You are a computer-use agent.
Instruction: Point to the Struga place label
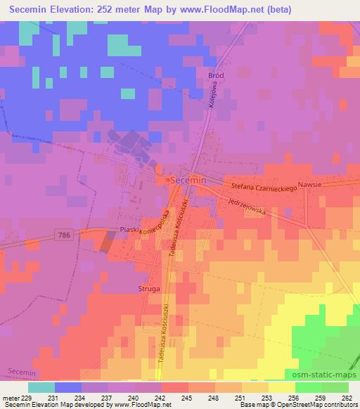tap(150, 289)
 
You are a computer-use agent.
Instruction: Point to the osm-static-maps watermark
tap(320, 375)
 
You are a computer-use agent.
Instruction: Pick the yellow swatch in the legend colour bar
tap(281, 387)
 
